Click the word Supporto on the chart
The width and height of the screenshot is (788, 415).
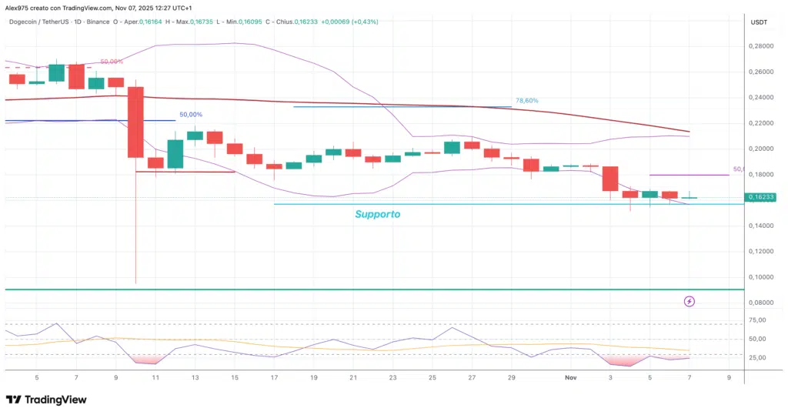tap(377, 214)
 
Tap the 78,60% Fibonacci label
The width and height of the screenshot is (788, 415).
tap(526, 100)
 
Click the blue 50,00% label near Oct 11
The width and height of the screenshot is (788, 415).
tap(192, 114)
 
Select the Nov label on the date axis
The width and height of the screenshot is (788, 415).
tap(570, 378)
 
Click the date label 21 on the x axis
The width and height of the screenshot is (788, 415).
tap(353, 378)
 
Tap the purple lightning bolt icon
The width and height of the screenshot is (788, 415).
tap(689, 301)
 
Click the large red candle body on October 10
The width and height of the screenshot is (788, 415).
tap(135, 122)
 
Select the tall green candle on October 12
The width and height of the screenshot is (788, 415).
tap(175, 154)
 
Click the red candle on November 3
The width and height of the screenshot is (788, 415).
tap(610, 178)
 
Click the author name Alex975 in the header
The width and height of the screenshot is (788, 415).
tap(18, 8)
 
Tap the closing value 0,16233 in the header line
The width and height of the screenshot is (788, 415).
tap(305, 22)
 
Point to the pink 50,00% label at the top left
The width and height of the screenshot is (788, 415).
tap(112, 62)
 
